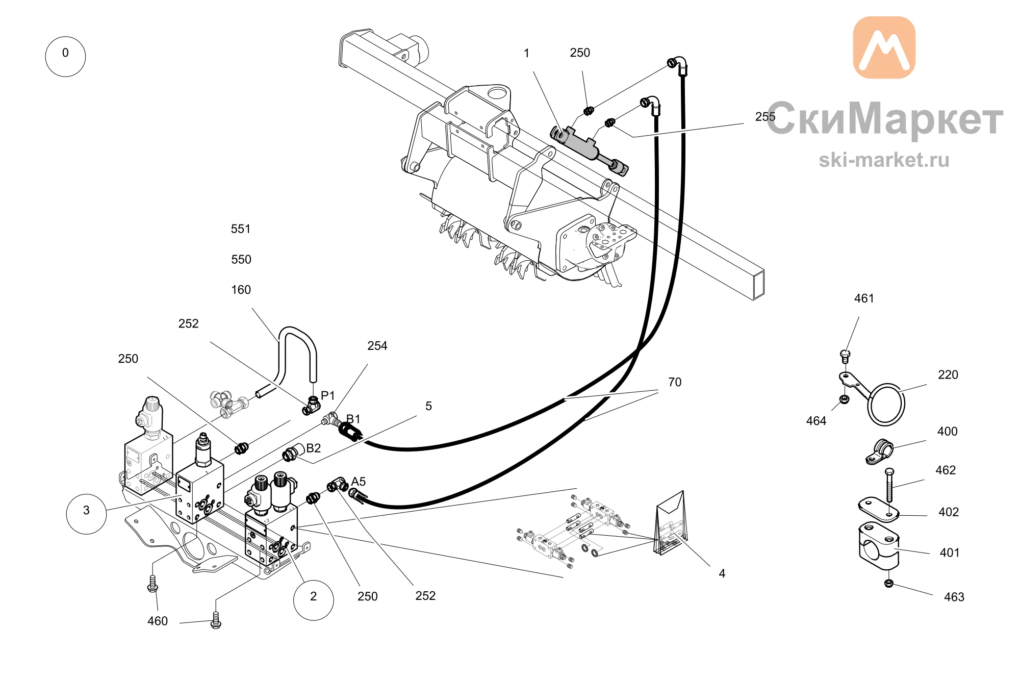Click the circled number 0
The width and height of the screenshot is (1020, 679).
click(x=65, y=57)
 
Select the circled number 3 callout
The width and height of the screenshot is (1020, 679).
click(x=87, y=514)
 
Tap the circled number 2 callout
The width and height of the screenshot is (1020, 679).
click(x=314, y=600)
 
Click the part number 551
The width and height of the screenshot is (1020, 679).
click(x=241, y=229)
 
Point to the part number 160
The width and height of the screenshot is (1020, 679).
click(x=241, y=290)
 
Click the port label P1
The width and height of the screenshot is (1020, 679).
click(x=327, y=395)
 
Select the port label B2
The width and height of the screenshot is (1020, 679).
click(x=313, y=448)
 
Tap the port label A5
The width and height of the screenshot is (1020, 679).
click(x=359, y=482)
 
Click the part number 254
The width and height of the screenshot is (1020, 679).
click(x=377, y=346)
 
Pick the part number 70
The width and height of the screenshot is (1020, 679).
click(x=675, y=382)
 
